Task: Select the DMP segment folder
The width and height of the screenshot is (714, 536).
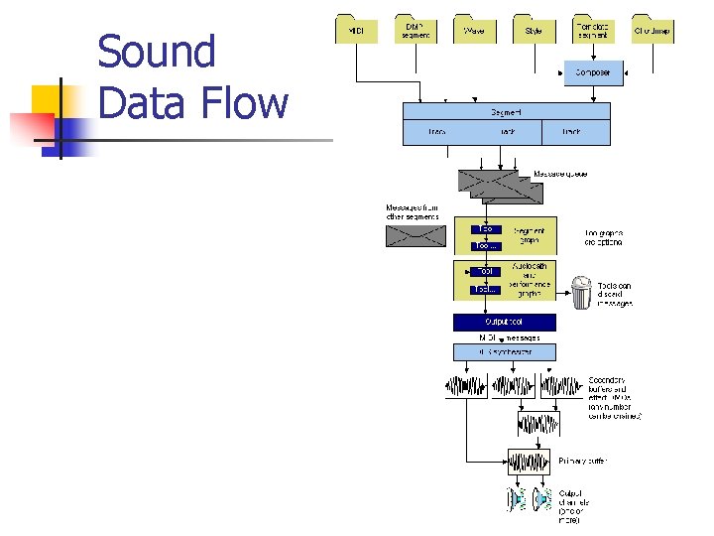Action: point(416,30)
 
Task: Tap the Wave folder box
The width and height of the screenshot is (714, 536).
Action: point(475,30)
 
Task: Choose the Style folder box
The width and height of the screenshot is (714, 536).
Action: point(535,30)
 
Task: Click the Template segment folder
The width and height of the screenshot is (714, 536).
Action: point(594,30)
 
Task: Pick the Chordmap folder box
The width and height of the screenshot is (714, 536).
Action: point(653,30)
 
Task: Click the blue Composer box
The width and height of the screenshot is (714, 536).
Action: point(594,73)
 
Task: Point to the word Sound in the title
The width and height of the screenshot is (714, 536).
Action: point(157,52)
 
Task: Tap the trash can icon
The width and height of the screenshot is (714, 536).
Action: point(581,294)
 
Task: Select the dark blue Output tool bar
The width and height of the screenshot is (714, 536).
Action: point(505,323)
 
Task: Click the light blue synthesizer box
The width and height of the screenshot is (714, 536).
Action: point(505,352)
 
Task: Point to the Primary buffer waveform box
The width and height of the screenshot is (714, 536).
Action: point(529,462)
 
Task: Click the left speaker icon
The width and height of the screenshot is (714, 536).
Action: point(517,499)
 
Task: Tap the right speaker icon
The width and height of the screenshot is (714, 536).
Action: point(541,499)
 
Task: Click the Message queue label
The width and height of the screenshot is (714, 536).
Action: point(560,174)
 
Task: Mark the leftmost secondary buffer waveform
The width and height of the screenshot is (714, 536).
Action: point(467,386)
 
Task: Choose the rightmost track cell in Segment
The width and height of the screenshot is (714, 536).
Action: point(574,131)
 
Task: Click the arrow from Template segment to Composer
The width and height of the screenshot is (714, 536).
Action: point(594,53)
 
